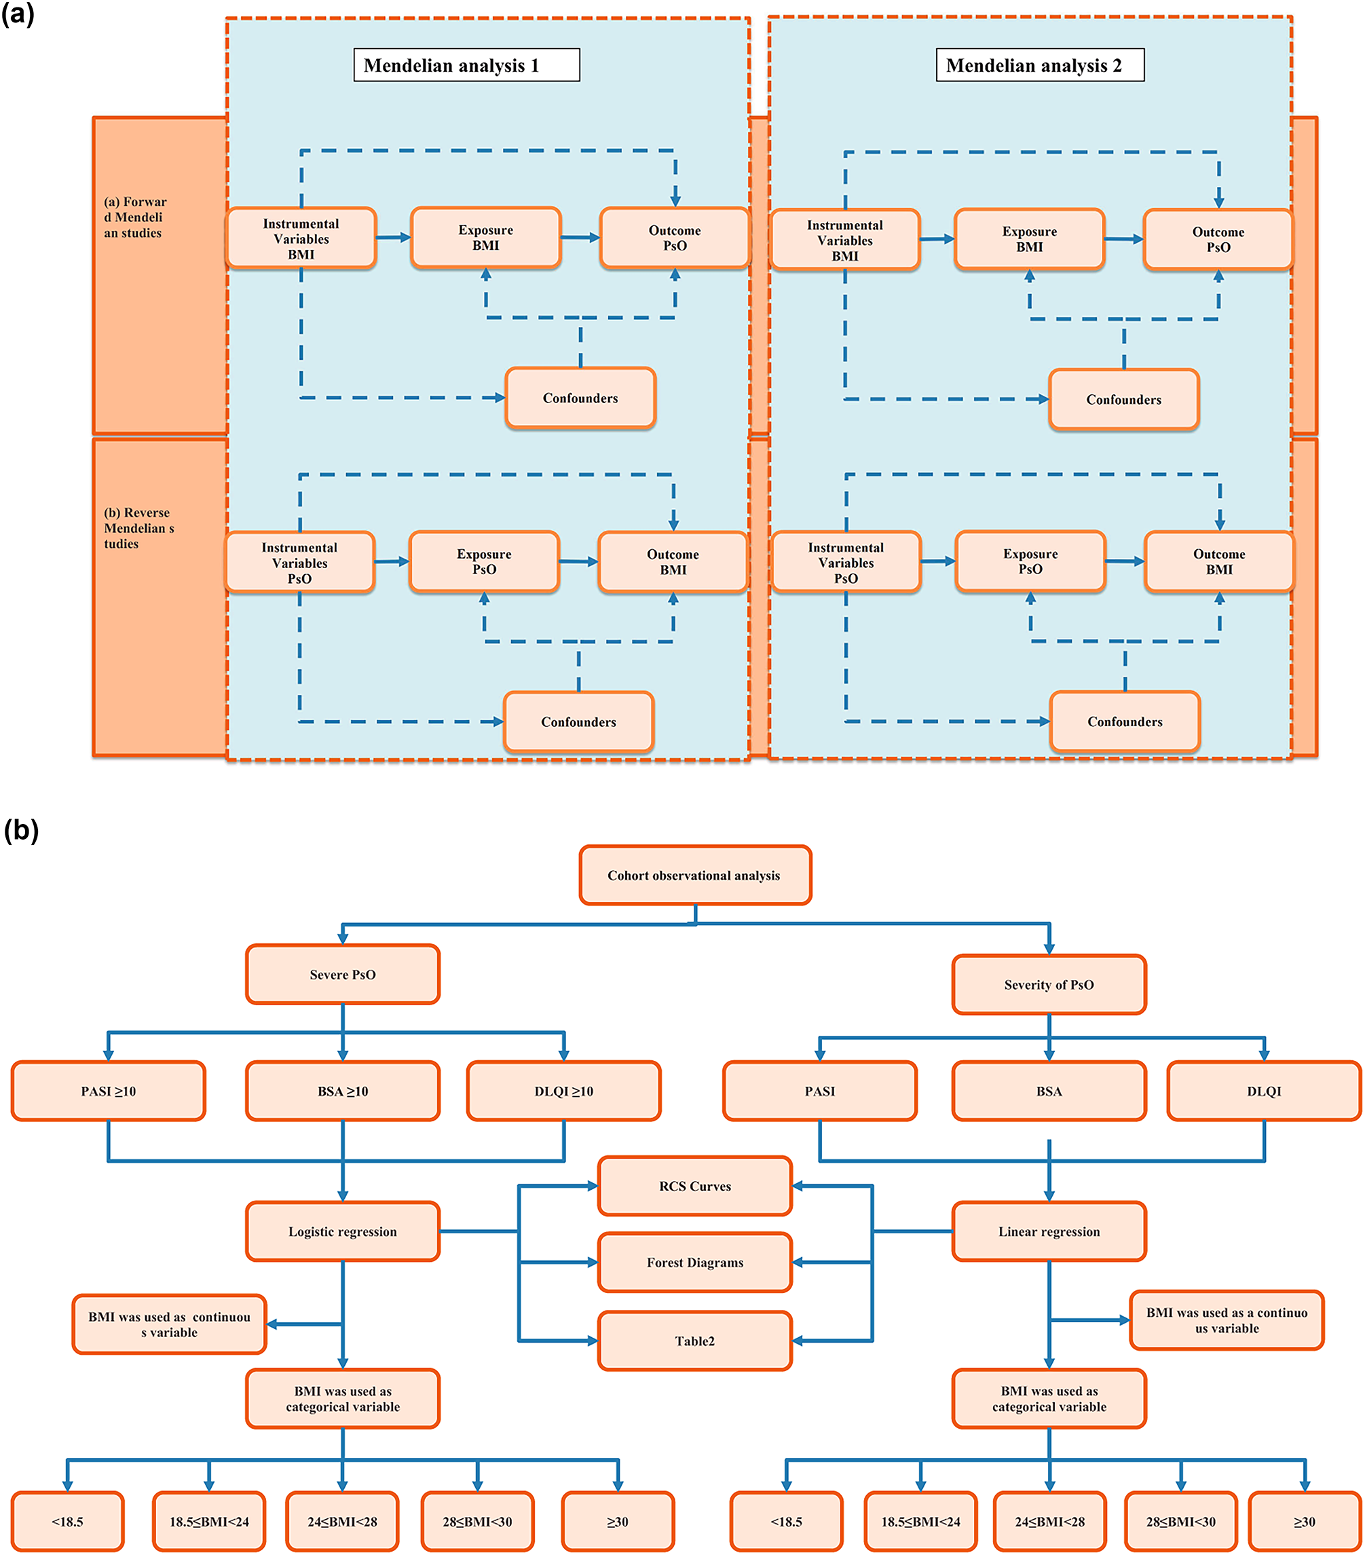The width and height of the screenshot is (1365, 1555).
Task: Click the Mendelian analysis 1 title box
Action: pyautogui.click(x=466, y=65)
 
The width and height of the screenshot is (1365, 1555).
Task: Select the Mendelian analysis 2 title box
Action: pyautogui.click(x=1039, y=65)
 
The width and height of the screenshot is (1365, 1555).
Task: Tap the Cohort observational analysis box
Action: pyautogui.click(x=694, y=875)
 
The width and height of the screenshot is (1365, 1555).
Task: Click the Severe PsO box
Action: pyautogui.click(x=342, y=975)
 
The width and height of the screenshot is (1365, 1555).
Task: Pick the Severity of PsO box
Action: pyautogui.click(x=1049, y=984)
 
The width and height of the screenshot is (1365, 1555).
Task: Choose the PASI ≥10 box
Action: pyautogui.click(x=108, y=1091)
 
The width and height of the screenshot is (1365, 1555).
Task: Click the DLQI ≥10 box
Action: pyautogui.click(x=563, y=1091)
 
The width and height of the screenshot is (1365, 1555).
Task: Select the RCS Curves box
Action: pyautogui.click(x=694, y=1186)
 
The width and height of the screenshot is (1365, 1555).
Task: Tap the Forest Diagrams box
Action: pyautogui.click(x=694, y=1262)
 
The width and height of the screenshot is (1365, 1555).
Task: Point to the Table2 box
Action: pyautogui.click(x=694, y=1341)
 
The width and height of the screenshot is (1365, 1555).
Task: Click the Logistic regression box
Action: pyautogui.click(x=342, y=1231)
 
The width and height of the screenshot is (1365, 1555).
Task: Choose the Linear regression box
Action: pyautogui.click(x=1049, y=1231)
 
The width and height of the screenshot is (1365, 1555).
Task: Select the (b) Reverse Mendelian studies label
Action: pyautogui.click(x=138, y=528)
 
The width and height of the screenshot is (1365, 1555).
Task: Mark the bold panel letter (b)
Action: pyautogui.click(x=20, y=830)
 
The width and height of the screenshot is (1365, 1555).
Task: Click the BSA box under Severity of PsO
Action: pyautogui.click(x=1049, y=1091)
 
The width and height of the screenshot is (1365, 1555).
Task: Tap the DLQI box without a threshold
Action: pyautogui.click(x=1263, y=1091)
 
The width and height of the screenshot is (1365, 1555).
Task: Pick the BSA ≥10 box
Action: pyautogui.click(x=342, y=1091)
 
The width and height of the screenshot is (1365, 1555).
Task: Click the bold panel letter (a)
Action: pyautogui.click(x=18, y=14)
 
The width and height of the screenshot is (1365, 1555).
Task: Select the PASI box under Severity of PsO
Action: pyautogui.click(x=819, y=1091)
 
